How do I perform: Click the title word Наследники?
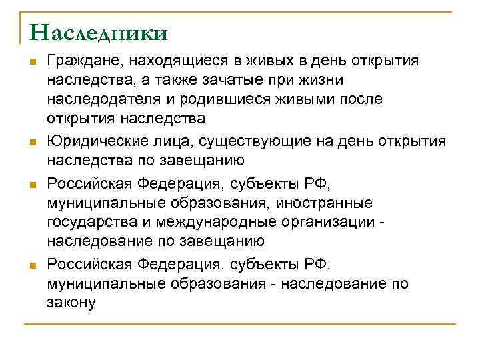[99, 32]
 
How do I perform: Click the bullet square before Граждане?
[31, 62]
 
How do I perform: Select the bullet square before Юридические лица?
[31, 142]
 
